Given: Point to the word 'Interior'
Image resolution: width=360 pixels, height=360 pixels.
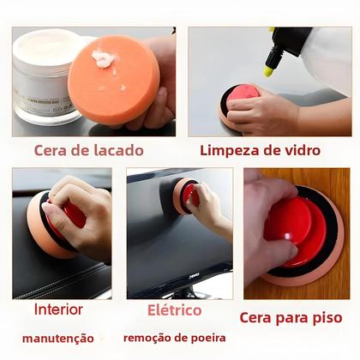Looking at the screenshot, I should [x=59, y=309].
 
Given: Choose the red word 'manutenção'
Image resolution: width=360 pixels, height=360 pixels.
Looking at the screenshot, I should [x=57, y=339].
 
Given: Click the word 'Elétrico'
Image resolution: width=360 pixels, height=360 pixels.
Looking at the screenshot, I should [x=174, y=309].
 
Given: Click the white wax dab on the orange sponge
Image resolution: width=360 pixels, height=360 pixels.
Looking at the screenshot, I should [x=104, y=59].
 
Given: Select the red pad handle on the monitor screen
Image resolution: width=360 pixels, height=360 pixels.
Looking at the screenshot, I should [x=189, y=195].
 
